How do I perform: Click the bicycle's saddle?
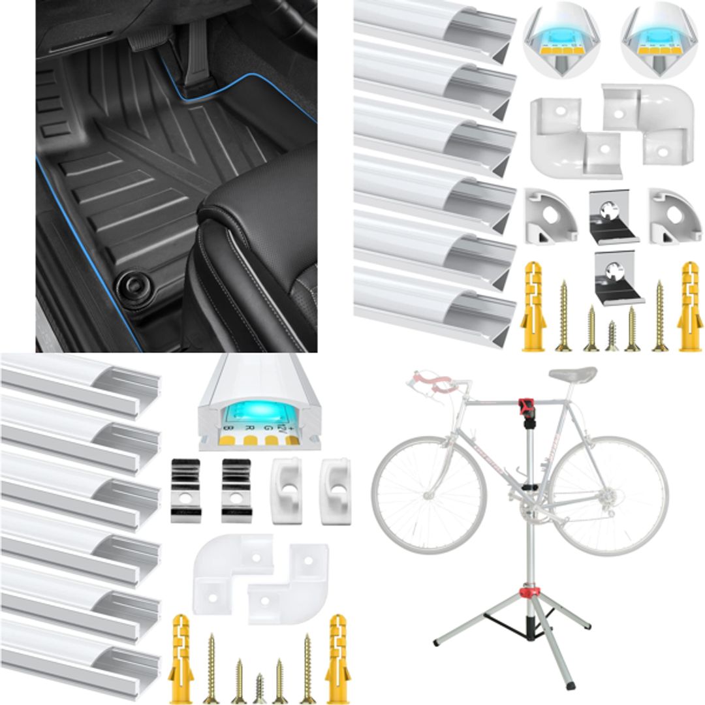click(573, 374)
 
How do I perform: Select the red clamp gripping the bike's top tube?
click(524, 407)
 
